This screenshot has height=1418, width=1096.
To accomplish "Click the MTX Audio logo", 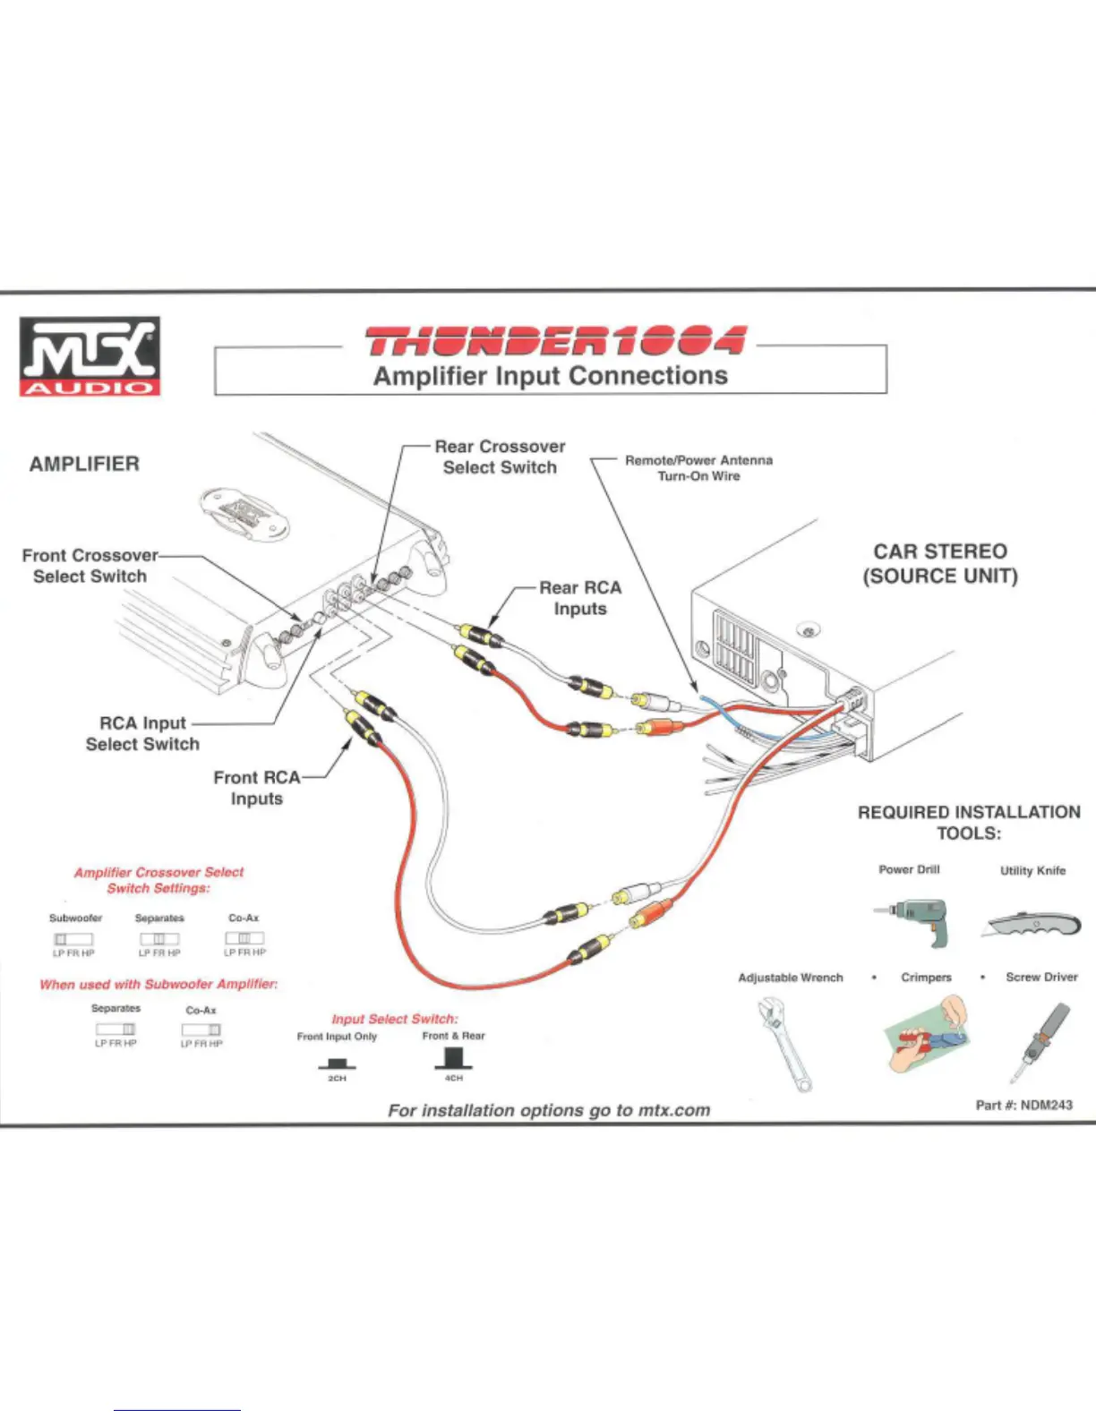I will coord(90,355).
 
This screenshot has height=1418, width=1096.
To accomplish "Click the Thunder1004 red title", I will coord(554,341).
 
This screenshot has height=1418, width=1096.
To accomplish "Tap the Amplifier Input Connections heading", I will coord(550,376).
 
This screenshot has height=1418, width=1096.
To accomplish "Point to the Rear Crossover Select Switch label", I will coord(500,457).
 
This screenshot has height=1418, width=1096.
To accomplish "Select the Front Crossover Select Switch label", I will coord(90,566).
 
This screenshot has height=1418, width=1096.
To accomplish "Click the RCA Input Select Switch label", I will coord(142,733).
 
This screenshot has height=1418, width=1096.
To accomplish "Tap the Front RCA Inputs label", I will coord(256,788).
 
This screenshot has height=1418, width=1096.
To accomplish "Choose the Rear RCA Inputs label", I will coord(580,598).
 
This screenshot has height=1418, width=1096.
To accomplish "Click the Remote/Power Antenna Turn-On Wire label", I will coord(698,467).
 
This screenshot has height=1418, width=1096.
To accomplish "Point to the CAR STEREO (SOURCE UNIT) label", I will coord(940,564).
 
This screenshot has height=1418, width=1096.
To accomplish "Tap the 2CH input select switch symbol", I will coord(337,1063).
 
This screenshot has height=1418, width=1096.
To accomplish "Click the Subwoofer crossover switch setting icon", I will coord(73,939).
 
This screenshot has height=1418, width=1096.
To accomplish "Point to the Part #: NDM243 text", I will coord(1023,1105).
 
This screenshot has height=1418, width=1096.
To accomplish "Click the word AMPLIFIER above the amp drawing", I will coord(84,464).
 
